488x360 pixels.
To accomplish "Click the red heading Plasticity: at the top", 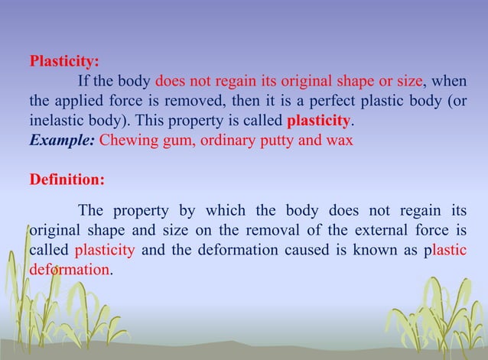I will point(63,62).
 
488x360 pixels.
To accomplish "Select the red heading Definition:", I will point(67,181).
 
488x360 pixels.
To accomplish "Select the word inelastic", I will point(56,122).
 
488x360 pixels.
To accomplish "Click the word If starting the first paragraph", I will point(83,82).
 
